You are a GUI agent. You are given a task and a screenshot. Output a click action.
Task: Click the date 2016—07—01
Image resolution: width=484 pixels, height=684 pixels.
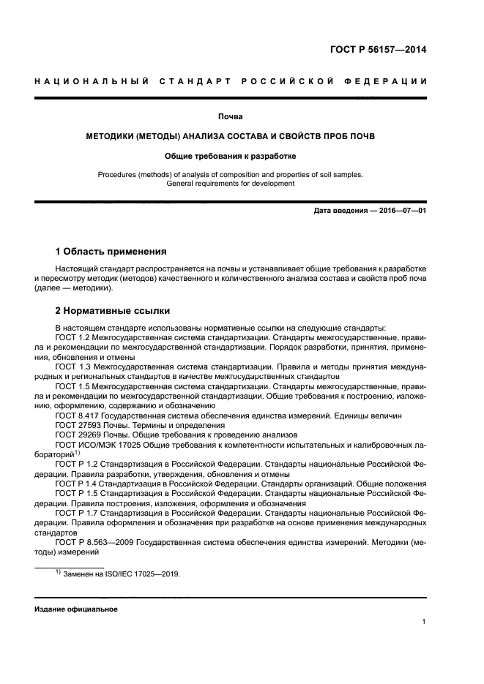400,211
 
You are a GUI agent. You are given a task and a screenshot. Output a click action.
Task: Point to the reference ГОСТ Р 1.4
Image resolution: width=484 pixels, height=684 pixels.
74,484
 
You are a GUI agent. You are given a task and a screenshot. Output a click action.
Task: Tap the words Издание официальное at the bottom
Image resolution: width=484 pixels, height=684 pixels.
75,609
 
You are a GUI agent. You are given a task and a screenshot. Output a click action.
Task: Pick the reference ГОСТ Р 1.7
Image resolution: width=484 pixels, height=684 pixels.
74,514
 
